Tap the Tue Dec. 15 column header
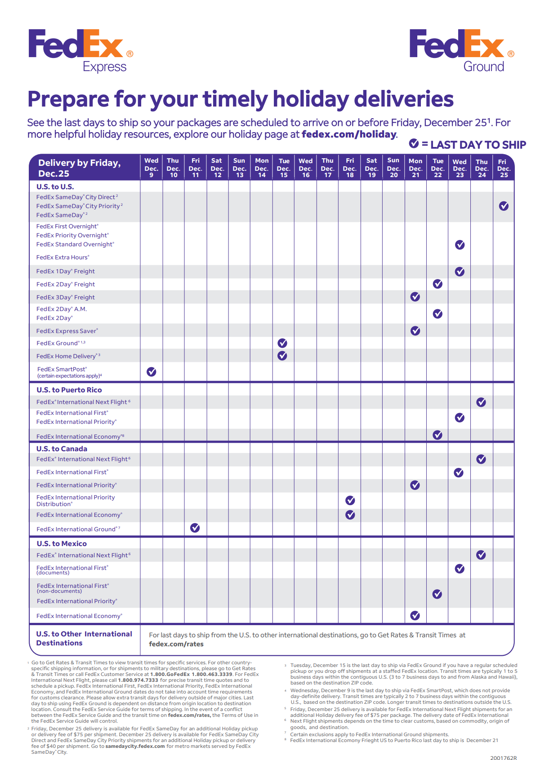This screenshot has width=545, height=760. pos(284,168)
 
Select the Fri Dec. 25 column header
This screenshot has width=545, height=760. pos(504,168)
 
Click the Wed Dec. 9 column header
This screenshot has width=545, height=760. pos(152,168)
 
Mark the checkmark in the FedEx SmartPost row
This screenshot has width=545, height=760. pos(152,372)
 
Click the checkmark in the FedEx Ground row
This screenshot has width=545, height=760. pos(282,343)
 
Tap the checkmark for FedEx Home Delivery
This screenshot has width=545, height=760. pos(282,356)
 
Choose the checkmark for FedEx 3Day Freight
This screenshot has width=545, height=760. pos(415,297)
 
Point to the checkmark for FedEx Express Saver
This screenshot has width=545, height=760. pos(415,331)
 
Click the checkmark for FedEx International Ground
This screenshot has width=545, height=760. pos(195,528)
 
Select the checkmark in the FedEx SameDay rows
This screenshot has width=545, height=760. pos(504,206)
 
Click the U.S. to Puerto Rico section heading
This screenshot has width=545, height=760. pos(69,390)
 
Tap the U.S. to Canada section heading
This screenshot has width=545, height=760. pos(62,449)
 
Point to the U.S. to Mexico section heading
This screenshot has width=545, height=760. pos(62,543)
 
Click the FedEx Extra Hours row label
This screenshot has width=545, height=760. pos(63,258)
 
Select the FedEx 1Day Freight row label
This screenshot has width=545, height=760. pos(66,271)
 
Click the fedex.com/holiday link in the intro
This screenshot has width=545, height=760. pos(349,134)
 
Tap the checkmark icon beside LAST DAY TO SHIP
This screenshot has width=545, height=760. pos(414,144)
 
